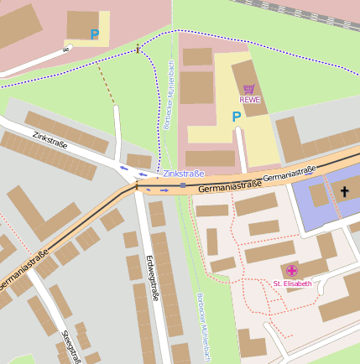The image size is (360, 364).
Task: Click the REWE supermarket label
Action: tap(250, 100)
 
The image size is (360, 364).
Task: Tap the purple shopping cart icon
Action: tap(249, 89)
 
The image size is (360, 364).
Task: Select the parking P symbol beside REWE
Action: tap(236, 117)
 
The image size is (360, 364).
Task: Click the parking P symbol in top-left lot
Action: tap(95, 35)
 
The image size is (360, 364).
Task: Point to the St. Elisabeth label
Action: tap(292, 283)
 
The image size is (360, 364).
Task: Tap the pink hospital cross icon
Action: tap(292, 270)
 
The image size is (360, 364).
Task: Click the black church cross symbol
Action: tap(344, 192)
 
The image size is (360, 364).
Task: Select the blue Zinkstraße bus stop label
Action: tap(184, 174)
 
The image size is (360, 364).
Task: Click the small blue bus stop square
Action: tap(182, 185)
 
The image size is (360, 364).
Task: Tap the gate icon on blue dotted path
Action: tap(138, 49)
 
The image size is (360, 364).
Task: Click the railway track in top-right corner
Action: tap(310, 8)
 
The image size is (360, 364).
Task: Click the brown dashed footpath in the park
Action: tap(107, 84)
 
